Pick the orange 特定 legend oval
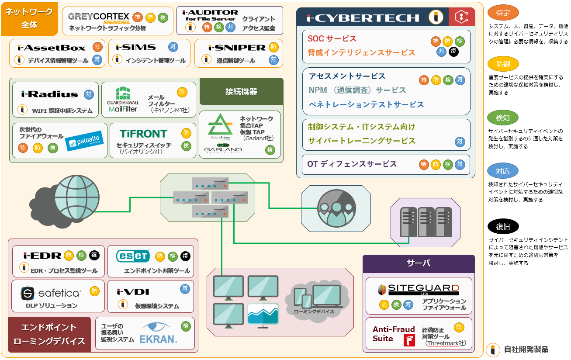[x=503, y=13]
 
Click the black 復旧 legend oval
[x=503, y=226]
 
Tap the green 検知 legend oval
[x=503, y=118]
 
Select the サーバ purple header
[x=419, y=263]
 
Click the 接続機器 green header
[x=241, y=91]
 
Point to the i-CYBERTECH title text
[x=363, y=17]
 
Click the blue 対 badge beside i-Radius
[x=89, y=94]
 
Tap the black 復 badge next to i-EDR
[x=94, y=255]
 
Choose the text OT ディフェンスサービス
[x=352, y=164]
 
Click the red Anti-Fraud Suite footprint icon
[x=409, y=340]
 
